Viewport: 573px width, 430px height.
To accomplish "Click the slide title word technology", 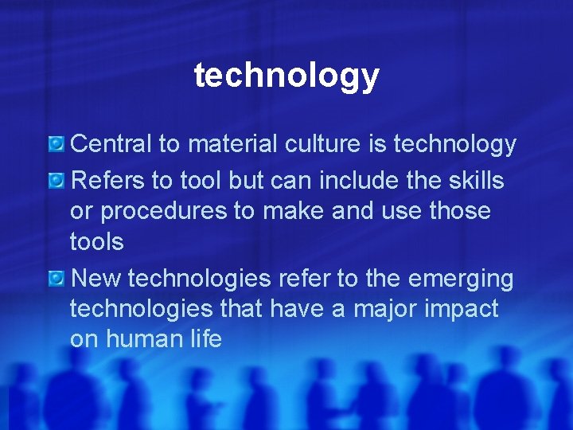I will (286, 76).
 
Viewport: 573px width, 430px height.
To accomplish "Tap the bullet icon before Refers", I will (57, 181).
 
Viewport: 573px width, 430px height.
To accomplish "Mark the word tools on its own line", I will (97, 241).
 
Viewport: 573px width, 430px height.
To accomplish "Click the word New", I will (95, 279).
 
